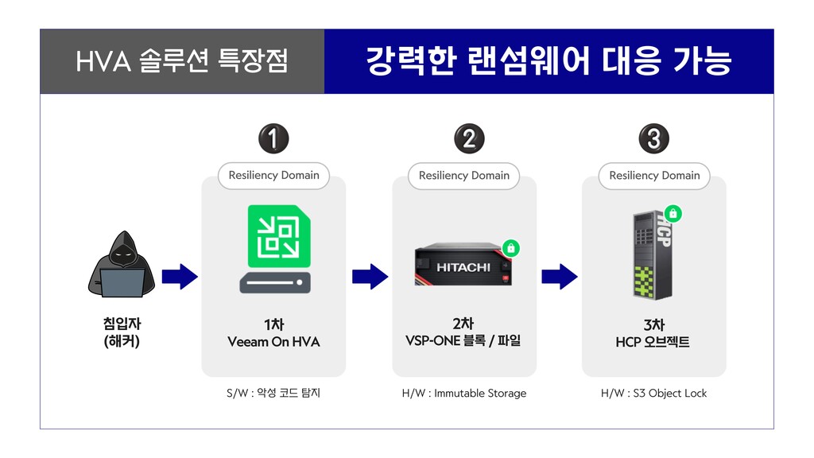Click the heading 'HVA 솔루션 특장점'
182,61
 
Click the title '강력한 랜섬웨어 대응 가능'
548,61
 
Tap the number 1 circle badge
273,140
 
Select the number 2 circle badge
469,140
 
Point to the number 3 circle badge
653,140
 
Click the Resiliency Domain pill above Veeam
273,176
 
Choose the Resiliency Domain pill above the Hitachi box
463,176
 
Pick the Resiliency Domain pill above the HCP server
654,176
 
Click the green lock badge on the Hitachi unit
511,248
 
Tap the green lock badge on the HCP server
673,214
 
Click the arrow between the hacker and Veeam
179,277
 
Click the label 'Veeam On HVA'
273,342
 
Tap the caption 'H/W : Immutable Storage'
464,393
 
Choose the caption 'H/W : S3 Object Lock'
653,393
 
